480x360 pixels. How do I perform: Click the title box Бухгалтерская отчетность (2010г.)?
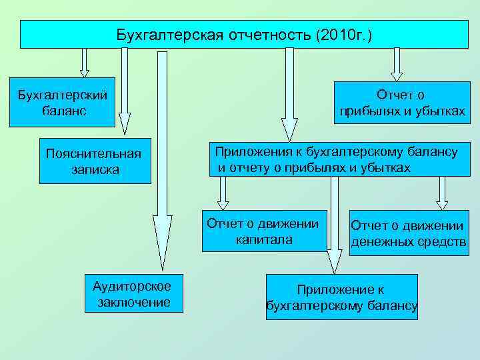click(x=244, y=34)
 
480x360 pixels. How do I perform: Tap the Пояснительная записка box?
click(x=93, y=161)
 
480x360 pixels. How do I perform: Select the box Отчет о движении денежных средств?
click(x=408, y=233)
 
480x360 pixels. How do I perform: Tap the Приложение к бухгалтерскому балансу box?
click(x=341, y=297)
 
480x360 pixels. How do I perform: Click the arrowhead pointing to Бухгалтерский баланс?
click(x=84, y=73)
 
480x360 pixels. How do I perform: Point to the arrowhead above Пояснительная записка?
click(x=125, y=120)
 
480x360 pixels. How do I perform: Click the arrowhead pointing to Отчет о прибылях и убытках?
click(x=397, y=75)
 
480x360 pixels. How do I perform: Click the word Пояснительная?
click(x=93, y=154)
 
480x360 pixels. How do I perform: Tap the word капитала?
click(x=263, y=239)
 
